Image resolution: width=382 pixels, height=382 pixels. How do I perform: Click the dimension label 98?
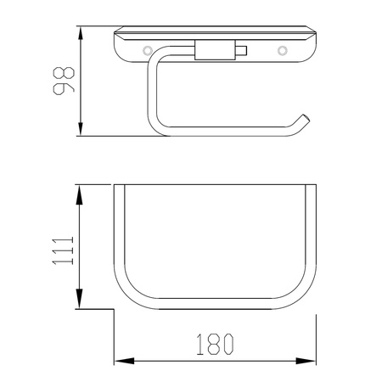point(64,81)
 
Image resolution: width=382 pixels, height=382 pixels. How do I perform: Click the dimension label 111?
point(63,250)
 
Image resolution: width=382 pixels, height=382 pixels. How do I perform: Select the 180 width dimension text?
point(215,344)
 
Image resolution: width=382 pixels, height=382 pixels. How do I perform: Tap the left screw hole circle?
point(147,51)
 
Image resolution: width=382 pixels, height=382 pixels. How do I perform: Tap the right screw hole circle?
point(282,51)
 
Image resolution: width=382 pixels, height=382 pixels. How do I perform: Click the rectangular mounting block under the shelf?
point(215,50)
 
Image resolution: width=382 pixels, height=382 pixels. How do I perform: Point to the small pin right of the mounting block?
point(241,50)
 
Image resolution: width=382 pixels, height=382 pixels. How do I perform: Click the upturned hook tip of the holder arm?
point(306,118)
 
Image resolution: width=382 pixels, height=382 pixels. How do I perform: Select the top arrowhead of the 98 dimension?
point(81,33)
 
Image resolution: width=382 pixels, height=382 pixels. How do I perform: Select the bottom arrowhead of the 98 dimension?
point(81,129)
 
